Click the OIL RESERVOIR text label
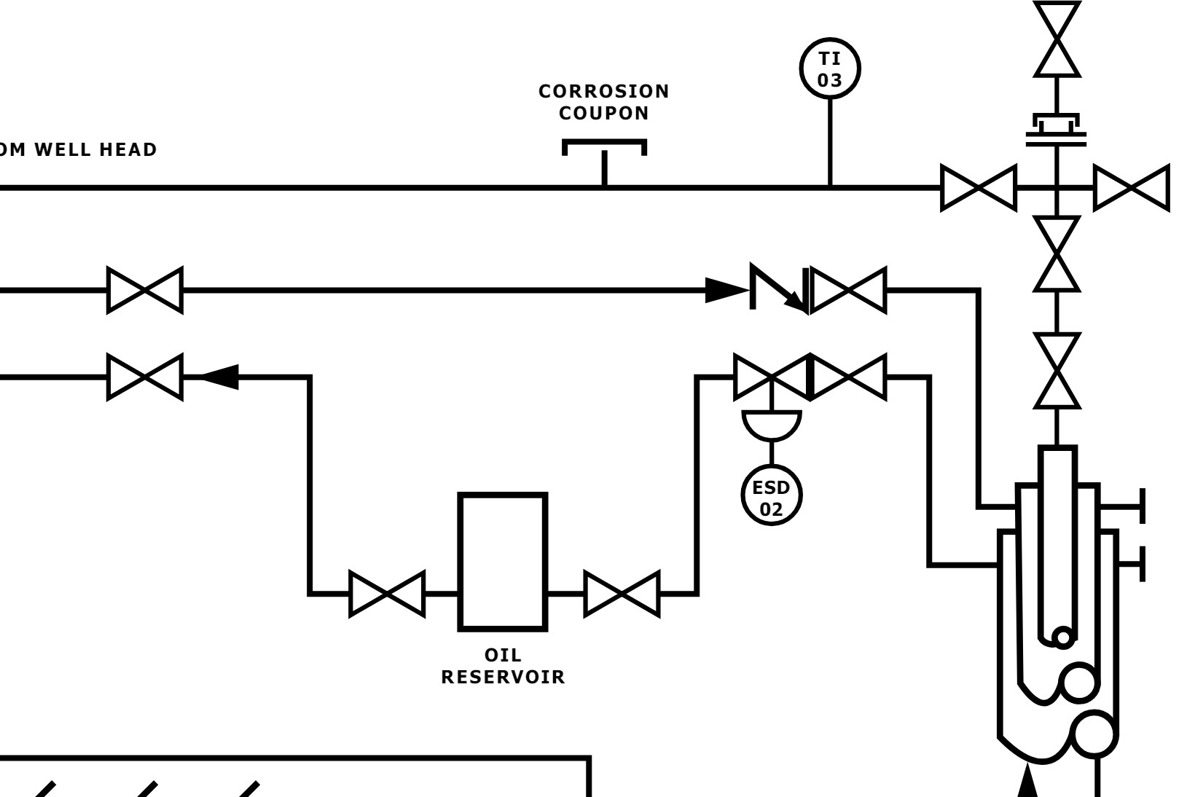pyautogui.click(x=503, y=666)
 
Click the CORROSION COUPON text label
pyautogui.click(x=604, y=102)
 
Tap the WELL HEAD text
pyautogui.click(x=96, y=149)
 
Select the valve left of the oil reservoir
pyautogui.click(x=387, y=594)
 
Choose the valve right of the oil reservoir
pyautogui.click(x=622, y=594)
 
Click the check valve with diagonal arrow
pyautogui.click(x=779, y=288)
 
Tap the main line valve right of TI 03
pyautogui.click(x=979, y=187)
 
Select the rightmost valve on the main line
pyautogui.click(x=1132, y=187)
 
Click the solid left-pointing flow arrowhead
pyautogui.click(x=219, y=377)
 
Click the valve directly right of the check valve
pyautogui.click(x=848, y=291)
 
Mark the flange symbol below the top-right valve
pyautogui.click(x=1056, y=130)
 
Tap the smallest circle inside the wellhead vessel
pyautogui.click(x=1063, y=637)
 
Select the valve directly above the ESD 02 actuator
pyautogui.click(x=772, y=377)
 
